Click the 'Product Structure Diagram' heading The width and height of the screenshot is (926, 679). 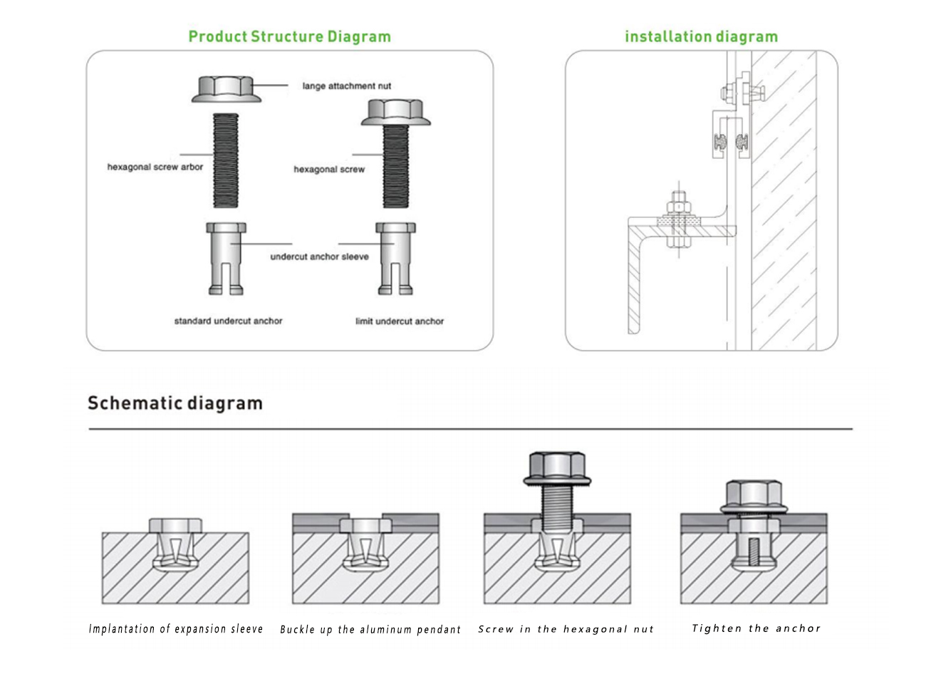coord(289,36)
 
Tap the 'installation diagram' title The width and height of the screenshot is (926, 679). coord(701,36)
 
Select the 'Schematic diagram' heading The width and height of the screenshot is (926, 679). coord(175,403)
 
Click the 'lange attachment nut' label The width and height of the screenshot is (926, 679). coord(347,86)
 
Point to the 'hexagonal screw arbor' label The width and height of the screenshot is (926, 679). coord(155,167)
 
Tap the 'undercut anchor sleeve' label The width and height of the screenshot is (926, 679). coord(319,256)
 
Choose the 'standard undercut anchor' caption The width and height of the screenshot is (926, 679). coord(228,321)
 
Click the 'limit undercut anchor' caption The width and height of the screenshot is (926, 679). coord(400,321)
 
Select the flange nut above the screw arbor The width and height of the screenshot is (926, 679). coord(226,88)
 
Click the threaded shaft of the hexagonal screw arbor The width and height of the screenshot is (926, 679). coord(226,160)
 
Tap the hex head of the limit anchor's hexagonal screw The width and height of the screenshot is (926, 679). coord(395,111)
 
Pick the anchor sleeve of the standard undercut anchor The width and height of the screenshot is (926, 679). coord(226,257)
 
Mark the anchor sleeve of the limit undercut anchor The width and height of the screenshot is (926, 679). coord(395,257)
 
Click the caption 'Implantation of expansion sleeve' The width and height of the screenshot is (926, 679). coord(176,629)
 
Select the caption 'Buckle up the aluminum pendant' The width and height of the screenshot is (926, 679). coord(370,630)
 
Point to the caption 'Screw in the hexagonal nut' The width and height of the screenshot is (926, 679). coord(566,629)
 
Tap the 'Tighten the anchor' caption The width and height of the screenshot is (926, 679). coord(756,628)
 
